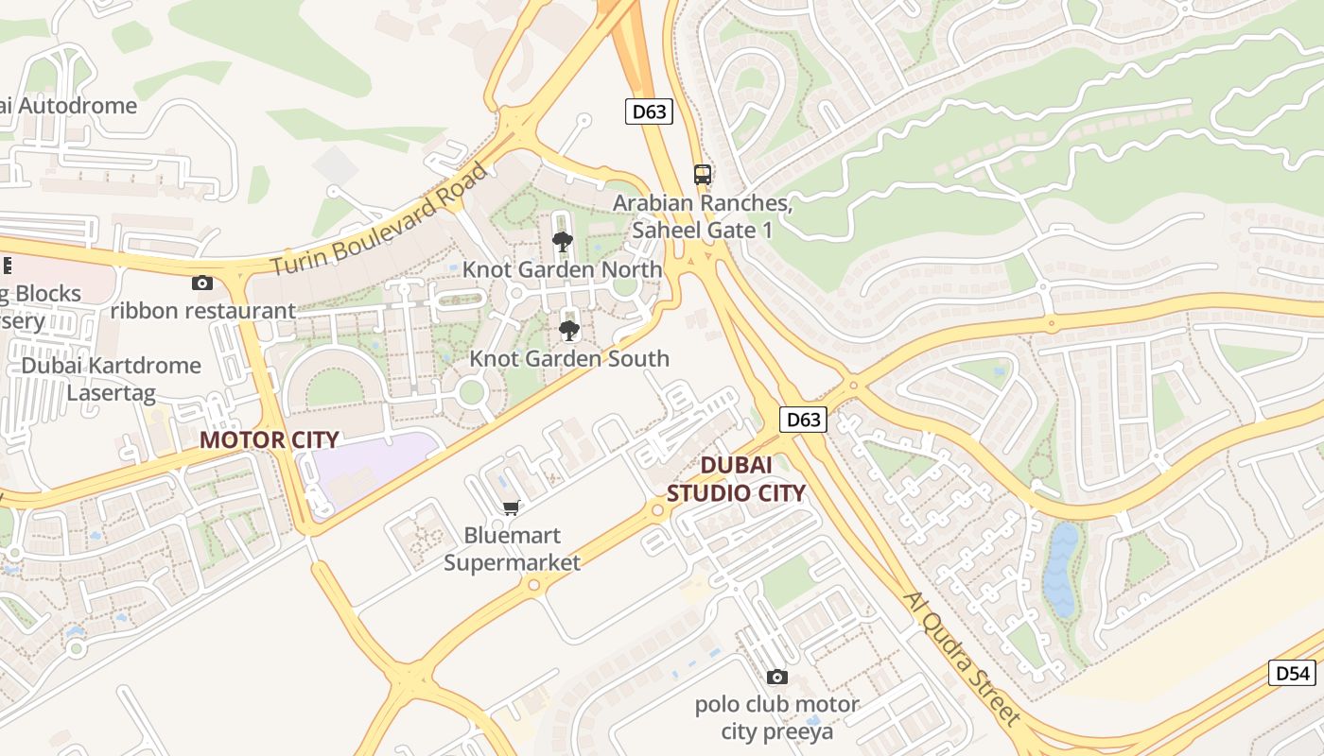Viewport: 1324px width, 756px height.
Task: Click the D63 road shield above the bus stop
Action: point(649,112)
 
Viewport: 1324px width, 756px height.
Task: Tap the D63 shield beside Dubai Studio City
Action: point(804,419)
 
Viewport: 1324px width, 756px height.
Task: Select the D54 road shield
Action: point(1292,673)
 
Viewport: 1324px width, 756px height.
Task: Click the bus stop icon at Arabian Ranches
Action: point(702,175)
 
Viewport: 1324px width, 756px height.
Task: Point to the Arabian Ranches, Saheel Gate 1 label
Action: point(702,216)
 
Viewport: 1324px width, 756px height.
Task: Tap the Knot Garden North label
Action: point(562,269)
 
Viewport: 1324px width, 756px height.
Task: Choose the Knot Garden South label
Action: point(569,358)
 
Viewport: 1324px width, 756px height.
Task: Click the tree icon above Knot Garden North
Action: point(563,241)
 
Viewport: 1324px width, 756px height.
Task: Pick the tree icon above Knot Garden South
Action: point(568,330)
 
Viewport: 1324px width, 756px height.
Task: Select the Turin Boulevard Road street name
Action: point(381,219)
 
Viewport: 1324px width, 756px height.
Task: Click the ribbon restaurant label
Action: point(202,310)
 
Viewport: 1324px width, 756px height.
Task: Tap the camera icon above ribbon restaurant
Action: point(201,283)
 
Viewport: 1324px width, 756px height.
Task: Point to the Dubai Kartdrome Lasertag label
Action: point(112,378)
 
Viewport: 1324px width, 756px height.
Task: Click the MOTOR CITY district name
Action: point(269,439)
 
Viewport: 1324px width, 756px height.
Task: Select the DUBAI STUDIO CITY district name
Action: point(737,478)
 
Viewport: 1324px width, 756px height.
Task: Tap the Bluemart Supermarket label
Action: point(512,549)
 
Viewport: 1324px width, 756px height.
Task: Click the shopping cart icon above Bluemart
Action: point(512,508)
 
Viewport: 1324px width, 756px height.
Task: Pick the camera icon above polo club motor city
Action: point(776,677)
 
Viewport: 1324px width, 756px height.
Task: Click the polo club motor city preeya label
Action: point(776,717)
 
